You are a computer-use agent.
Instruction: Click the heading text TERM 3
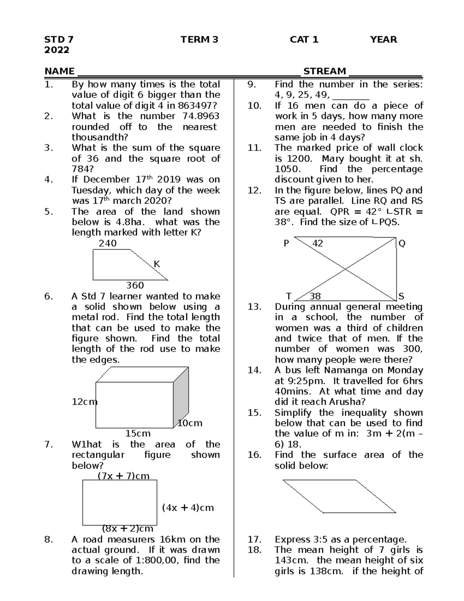point(199,39)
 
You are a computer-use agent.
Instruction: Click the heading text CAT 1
point(304,39)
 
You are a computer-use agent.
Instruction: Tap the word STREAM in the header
point(324,71)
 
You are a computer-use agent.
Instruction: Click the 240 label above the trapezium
point(107,243)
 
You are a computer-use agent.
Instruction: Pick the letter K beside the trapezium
point(157,264)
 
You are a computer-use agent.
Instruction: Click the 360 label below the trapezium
point(135,286)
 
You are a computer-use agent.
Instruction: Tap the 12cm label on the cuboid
point(84,402)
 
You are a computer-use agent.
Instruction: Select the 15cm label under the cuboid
point(138,433)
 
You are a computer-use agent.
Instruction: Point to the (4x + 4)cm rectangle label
point(188,508)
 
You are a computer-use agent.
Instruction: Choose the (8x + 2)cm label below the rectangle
point(128,529)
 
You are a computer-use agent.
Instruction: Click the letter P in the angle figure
point(286,243)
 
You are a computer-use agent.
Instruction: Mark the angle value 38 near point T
point(315,296)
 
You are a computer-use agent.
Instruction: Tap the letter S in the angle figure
point(401,296)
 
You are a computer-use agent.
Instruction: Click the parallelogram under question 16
point(339,497)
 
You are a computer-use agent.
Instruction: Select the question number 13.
point(254,307)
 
